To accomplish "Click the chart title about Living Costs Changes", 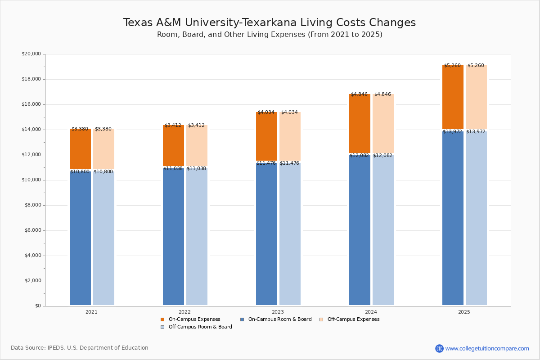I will click(269, 23).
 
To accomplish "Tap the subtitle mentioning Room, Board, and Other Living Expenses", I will click(270, 35).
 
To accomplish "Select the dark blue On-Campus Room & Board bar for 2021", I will click(80, 238).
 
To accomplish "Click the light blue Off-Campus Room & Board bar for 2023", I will click(290, 234).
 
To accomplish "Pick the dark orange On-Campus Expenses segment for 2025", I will click(453, 97).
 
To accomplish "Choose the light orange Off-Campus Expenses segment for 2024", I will click(383, 123).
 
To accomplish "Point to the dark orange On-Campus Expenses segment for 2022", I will click(173, 145).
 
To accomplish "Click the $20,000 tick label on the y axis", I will click(31, 54).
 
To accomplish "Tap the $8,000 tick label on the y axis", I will click(32, 205).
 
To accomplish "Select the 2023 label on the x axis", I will click(278, 312).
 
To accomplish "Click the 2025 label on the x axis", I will click(464, 312).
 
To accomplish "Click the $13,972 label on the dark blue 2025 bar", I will click(452, 131).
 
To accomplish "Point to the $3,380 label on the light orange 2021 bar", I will click(103, 129).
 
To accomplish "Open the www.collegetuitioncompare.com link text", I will click(487, 348).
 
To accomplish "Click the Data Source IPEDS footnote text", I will click(80, 348).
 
